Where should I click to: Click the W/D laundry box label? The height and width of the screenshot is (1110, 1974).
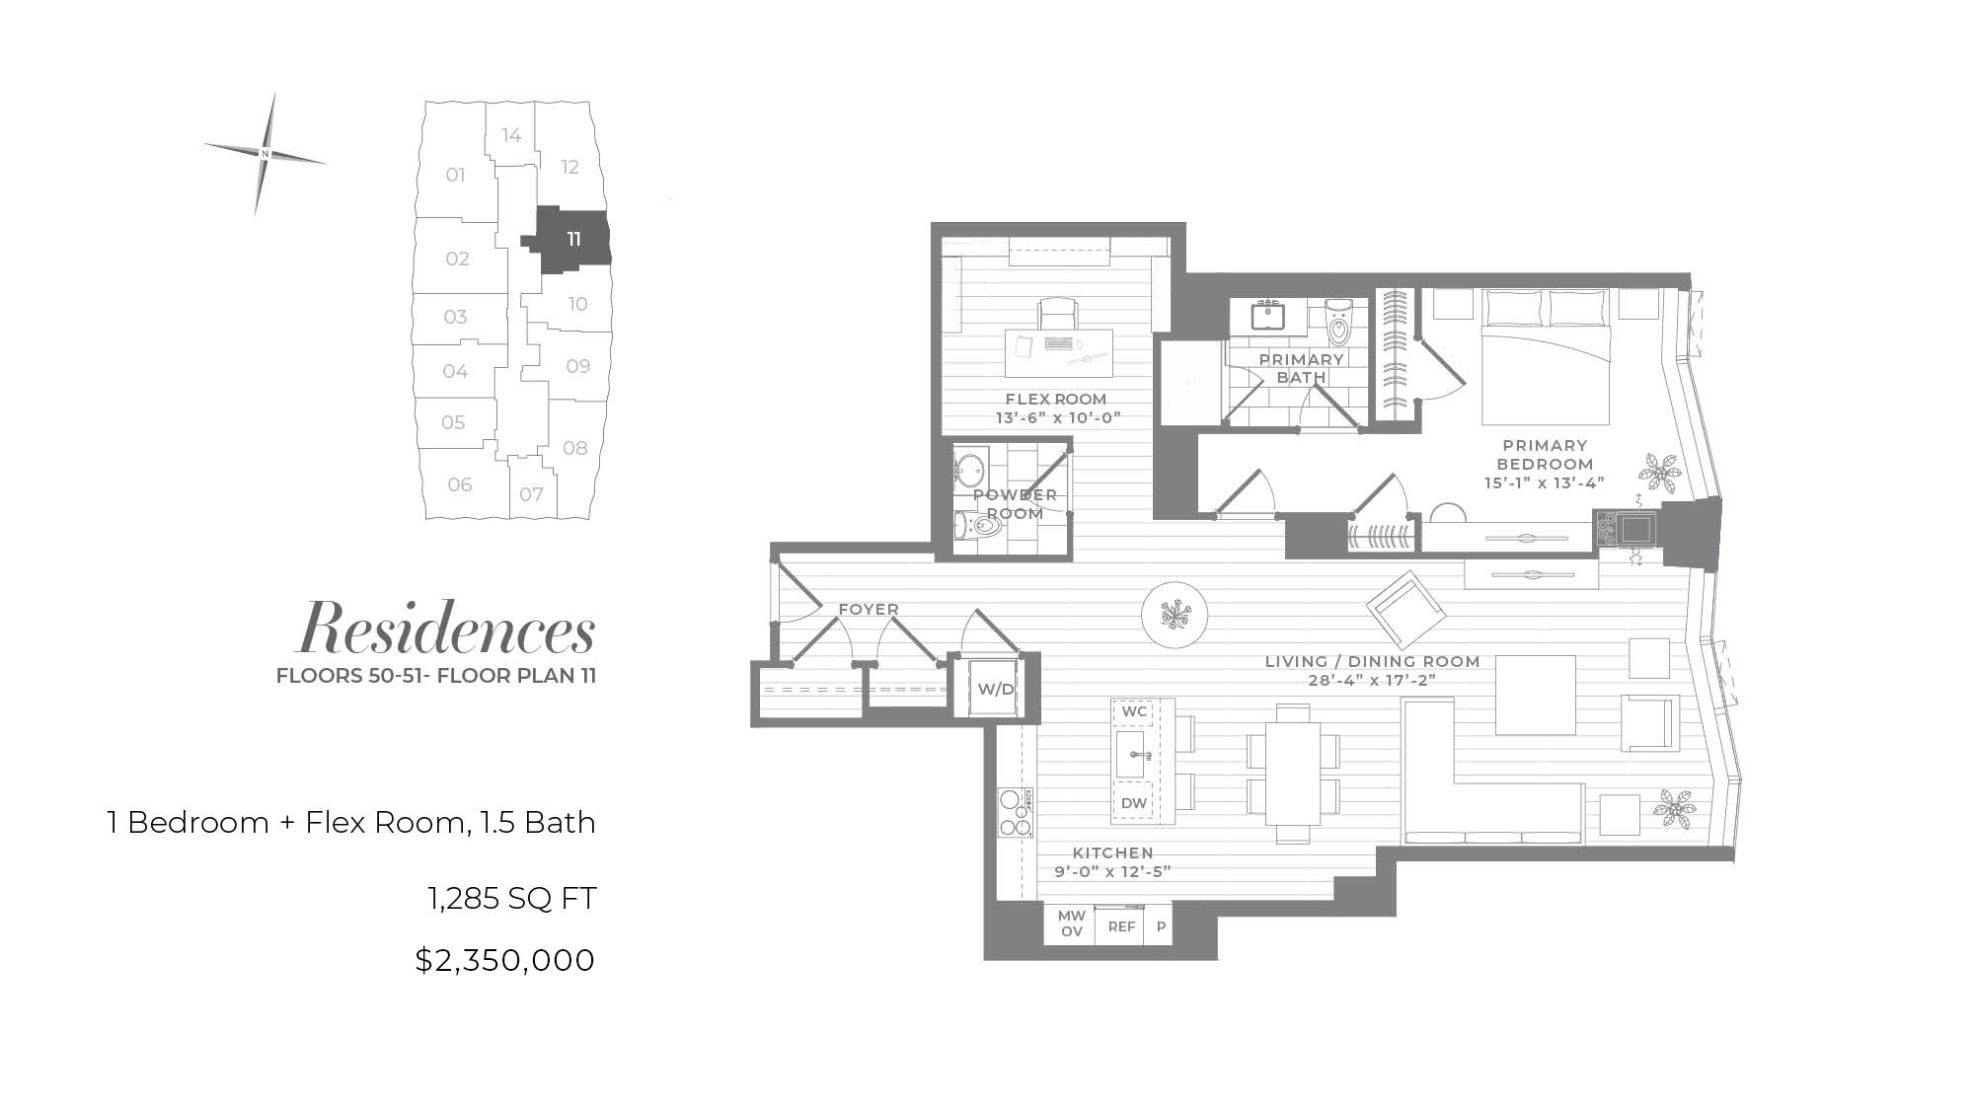pyautogui.click(x=995, y=689)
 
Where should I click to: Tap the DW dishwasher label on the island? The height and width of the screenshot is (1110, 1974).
pyautogui.click(x=1134, y=803)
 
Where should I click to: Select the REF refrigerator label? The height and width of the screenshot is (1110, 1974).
pyautogui.click(x=1121, y=927)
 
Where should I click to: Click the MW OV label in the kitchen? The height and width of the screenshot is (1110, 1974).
pyautogui.click(x=1071, y=925)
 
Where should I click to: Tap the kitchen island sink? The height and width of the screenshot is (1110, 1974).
pyautogui.click(x=1133, y=756)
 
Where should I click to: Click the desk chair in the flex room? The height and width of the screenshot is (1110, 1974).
pyautogui.click(x=1057, y=315)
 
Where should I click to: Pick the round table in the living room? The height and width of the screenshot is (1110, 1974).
pyautogui.click(x=1175, y=614)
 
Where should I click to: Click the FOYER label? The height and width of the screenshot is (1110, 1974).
pyautogui.click(x=869, y=610)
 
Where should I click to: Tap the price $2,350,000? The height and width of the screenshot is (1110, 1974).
pyautogui.click(x=505, y=960)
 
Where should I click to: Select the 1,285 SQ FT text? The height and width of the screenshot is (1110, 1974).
pyautogui.click(x=511, y=899)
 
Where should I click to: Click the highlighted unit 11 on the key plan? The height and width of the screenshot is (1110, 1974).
pyautogui.click(x=573, y=240)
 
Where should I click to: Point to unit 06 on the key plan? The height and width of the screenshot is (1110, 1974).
pyautogui.click(x=461, y=484)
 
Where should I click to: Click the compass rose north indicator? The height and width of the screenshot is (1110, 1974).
pyautogui.click(x=265, y=154)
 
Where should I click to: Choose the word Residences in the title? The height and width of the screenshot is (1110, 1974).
pyautogui.click(x=447, y=629)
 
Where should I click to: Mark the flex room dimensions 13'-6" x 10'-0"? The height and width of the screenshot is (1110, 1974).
pyautogui.click(x=1058, y=417)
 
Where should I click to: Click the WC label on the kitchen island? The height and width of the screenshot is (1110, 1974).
pyautogui.click(x=1134, y=711)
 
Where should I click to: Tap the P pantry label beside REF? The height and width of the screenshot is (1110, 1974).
pyautogui.click(x=1161, y=927)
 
